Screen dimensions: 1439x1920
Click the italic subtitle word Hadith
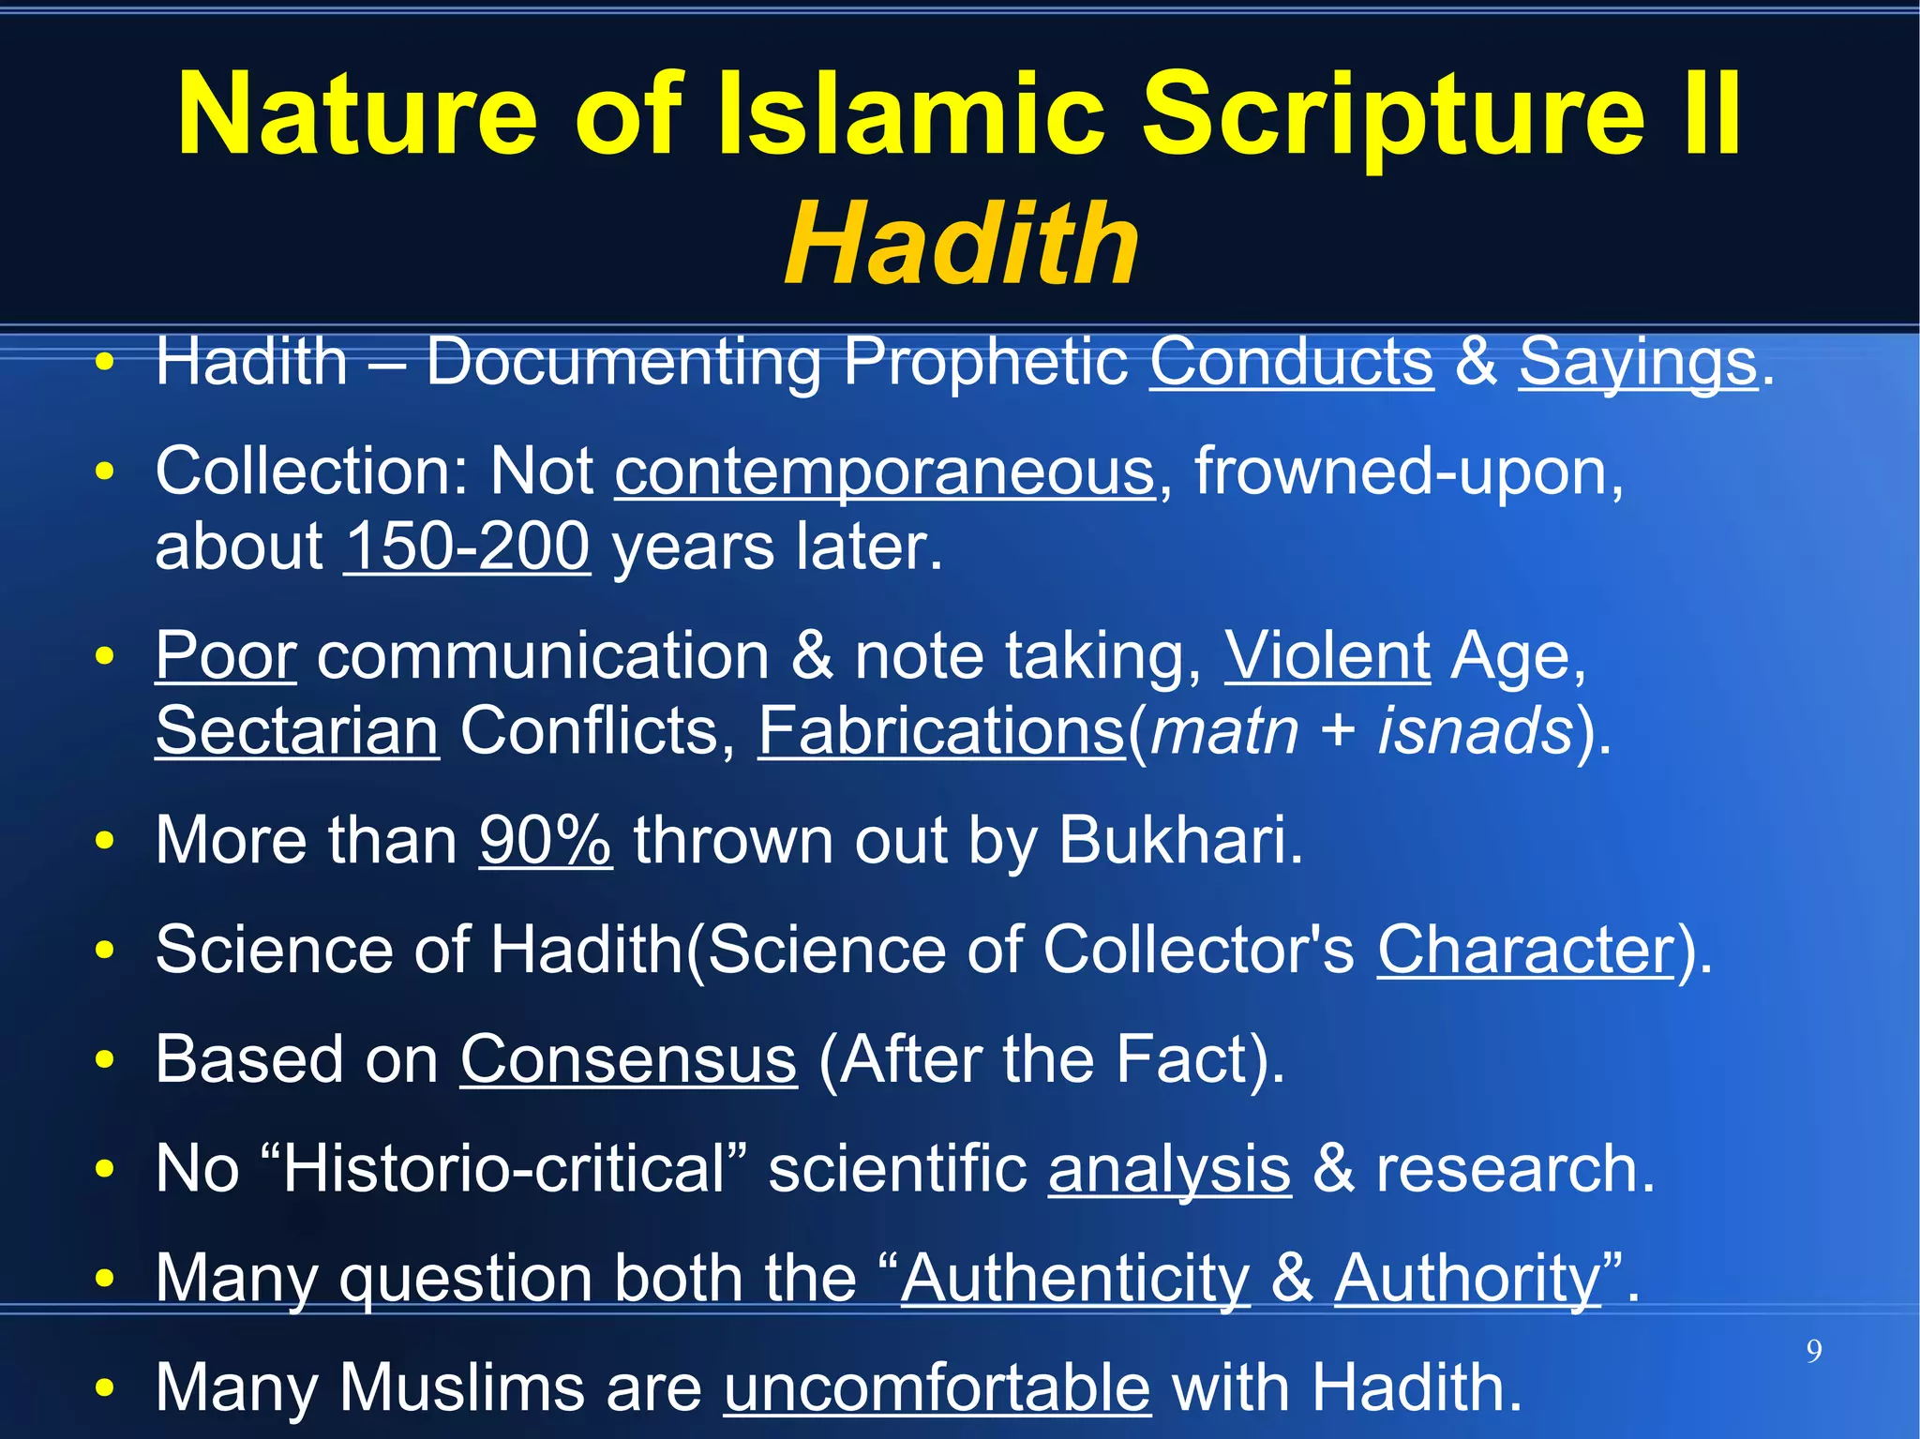[x=961, y=246]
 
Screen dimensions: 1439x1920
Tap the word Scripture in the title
[x=1393, y=114]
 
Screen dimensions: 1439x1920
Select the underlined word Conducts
[x=1291, y=362]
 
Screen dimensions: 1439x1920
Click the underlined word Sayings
[x=1637, y=364]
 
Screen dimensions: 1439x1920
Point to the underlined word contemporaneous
[x=884, y=472]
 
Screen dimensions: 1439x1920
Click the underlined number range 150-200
[x=467, y=547]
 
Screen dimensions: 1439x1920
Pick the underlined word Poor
[x=225, y=655]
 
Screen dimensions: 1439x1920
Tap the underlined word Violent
[x=1327, y=655]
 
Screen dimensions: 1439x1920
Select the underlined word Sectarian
[x=296, y=730]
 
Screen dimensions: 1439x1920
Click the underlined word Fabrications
[x=940, y=730]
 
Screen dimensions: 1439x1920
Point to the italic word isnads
[x=1474, y=730]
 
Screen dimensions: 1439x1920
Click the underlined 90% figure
[x=545, y=840]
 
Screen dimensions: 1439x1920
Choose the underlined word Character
[x=1525, y=950]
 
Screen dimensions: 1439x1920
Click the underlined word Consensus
[x=627, y=1059]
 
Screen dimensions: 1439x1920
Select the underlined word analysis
[x=1169, y=1170]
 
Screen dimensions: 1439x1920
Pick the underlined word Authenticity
[x=1074, y=1279]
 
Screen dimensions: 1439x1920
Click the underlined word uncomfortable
[x=937, y=1387]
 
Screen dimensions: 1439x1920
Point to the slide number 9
[x=1814, y=1351]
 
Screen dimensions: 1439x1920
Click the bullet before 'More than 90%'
[x=105, y=841]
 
